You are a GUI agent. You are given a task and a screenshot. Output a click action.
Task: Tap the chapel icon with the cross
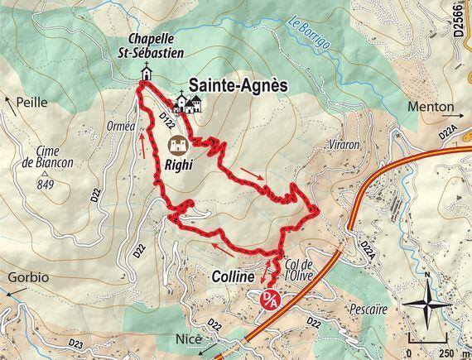[146, 74]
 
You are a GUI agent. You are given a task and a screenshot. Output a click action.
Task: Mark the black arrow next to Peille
[9, 101]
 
